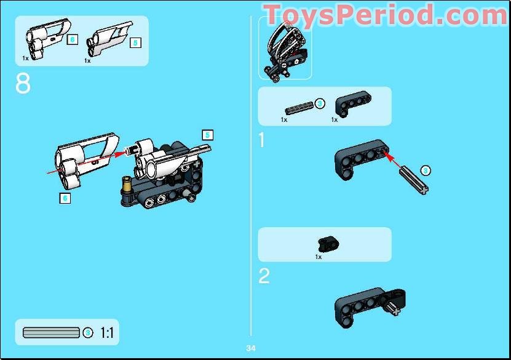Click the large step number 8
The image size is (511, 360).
pos(23,84)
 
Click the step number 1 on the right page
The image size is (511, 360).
pos(263,140)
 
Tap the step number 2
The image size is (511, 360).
pos(264,276)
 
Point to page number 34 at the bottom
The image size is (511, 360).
pos(251,348)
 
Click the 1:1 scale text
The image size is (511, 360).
pos(107,333)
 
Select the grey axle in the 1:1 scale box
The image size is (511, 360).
pos(51,333)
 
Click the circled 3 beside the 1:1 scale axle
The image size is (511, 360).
pos(88,333)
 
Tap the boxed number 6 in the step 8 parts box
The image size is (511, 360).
pos(73,39)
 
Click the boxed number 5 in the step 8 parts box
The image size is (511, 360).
pos(135,42)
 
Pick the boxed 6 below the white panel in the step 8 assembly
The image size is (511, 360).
pos(65,198)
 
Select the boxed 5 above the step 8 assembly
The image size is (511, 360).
pos(207,134)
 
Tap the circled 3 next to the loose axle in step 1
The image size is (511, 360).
pos(425,170)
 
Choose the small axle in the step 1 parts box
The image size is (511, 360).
pos(298,105)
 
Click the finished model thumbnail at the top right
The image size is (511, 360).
pos(285,49)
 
